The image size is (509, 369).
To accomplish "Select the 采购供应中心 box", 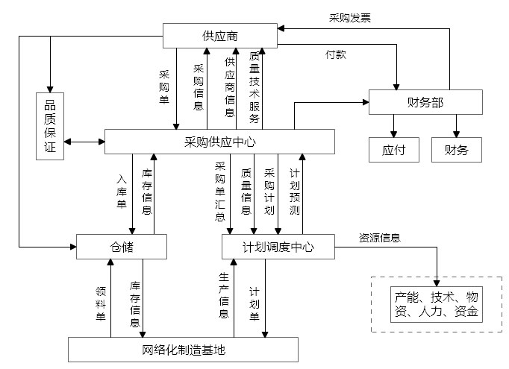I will click(x=220, y=142).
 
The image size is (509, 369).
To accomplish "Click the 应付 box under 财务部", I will click(x=393, y=150).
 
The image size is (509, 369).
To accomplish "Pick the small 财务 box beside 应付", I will click(x=456, y=150).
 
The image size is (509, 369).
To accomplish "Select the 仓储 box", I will click(x=121, y=247).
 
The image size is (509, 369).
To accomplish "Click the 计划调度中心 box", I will click(x=278, y=247).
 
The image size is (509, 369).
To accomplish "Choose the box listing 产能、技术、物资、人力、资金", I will click(x=437, y=304).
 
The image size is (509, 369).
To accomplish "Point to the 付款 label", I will click(x=335, y=54).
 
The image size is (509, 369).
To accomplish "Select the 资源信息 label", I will click(x=380, y=238).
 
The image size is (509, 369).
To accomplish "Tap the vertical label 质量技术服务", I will click(x=254, y=87).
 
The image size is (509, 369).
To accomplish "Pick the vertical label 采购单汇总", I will click(x=220, y=192).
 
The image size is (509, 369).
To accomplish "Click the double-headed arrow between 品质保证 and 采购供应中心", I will click(x=84, y=142).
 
